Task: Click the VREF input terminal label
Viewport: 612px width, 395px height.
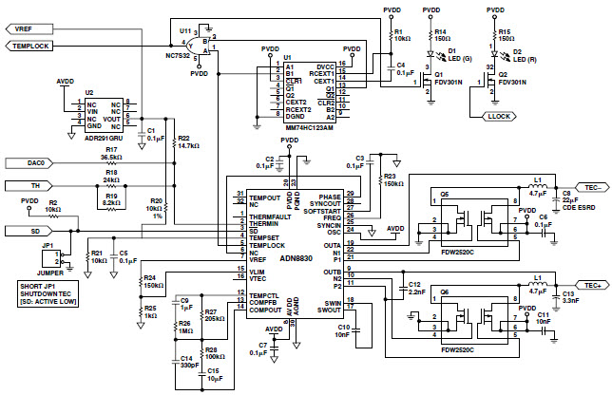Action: pyautogui.click(x=30, y=29)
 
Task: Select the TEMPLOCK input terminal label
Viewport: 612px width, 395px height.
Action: pyautogui.click(x=36, y=46)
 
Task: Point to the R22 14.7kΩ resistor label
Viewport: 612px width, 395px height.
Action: pyautogui.click(x=187, y=143)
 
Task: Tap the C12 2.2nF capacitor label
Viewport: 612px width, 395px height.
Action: pyautogui.click(x=415, y=289)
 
